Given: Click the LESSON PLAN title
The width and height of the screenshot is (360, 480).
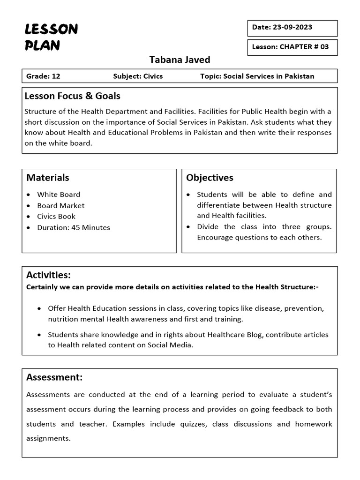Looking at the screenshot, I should tap(51, 37).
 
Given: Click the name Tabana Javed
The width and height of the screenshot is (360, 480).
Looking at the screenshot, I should tap(180, 60).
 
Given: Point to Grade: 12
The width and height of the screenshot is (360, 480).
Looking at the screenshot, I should tap(43, 76).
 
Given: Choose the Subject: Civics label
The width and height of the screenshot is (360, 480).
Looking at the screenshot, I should tap(138, 76).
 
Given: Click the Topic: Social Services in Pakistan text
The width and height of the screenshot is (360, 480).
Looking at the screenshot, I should tap(257, 76).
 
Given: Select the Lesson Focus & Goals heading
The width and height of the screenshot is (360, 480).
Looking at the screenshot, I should tap(73, 96).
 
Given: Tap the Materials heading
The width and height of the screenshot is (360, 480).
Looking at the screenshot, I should tap(48, 178).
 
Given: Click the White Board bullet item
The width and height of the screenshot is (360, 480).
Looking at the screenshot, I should tap(59, 195).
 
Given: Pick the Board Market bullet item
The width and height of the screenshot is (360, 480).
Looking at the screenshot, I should tap(61, 205).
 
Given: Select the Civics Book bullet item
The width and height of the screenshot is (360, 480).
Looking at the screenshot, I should tap(56, 217).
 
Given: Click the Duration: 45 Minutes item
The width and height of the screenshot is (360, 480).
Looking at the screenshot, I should tap(74, 228).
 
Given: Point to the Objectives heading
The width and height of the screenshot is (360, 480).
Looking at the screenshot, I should tap(210, 178).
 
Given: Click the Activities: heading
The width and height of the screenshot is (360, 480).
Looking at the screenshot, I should tap(48, 275).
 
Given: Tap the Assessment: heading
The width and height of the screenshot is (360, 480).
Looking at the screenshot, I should tap(54, 377).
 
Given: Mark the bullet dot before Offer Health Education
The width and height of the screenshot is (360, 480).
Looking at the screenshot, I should tap(39, 308).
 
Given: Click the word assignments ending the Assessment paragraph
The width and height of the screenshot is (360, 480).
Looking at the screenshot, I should tap(48, 439).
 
